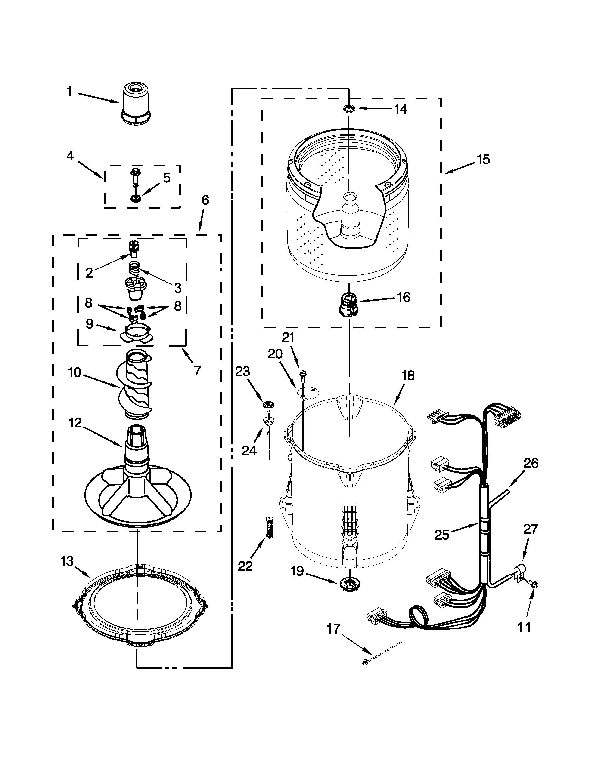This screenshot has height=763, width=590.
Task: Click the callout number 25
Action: tap(441, 535)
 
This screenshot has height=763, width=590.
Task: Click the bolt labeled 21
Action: tap(303, 377)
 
